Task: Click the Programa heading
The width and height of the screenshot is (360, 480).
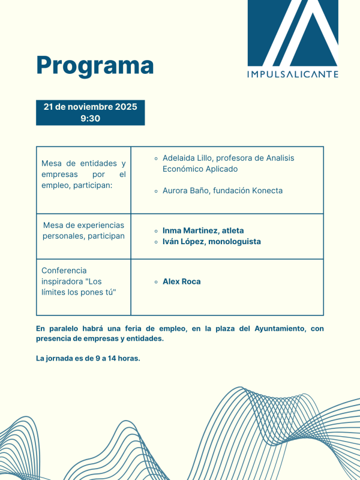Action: (x=95, y=65)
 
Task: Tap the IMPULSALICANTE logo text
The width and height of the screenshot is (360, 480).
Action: (x=293, y=74)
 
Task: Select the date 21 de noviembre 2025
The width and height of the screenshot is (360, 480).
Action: (x=90, y=107)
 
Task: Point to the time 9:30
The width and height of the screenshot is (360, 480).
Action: (x=90, y=118)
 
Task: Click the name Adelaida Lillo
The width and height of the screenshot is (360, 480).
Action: (x=188, y=158)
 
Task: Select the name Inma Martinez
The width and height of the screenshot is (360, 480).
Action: (x=189, y=230)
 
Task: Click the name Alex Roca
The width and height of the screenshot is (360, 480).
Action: (x=181, y=281)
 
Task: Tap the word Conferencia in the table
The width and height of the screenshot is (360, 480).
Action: (x=64, y=271)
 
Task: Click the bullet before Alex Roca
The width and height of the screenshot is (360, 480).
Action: (x=156, y=281)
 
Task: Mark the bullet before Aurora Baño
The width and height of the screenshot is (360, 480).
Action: (x=156, y=191)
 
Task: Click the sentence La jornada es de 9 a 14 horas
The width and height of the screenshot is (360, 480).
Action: (x=88, y=359)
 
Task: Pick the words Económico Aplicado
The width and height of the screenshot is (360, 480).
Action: (x=200, y=169)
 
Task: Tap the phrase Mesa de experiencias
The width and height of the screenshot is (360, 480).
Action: (x=83, y=225)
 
